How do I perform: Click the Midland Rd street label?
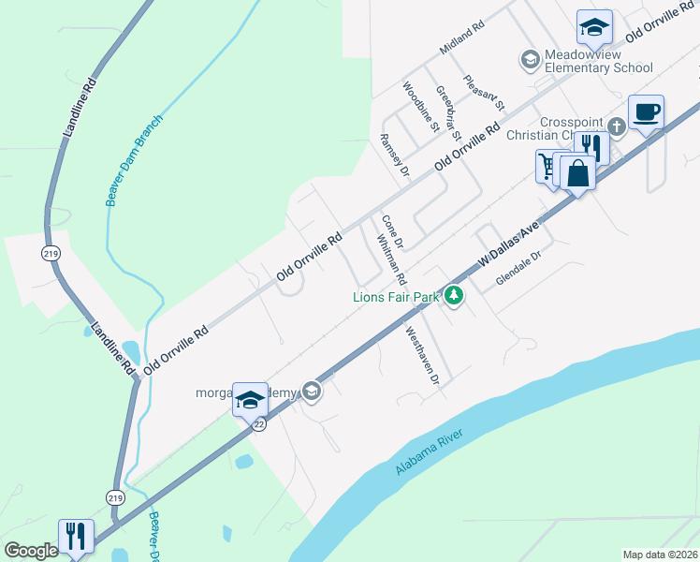460,38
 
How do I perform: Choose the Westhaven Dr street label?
421,355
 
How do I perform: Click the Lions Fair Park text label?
395,297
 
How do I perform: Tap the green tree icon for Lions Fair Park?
454,296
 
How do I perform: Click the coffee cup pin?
646,113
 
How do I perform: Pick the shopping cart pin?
547,167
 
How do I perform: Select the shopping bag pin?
578,173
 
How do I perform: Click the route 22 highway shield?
259,424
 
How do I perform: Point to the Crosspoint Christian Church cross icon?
616,126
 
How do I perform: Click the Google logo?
31,551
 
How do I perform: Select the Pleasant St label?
485,92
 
